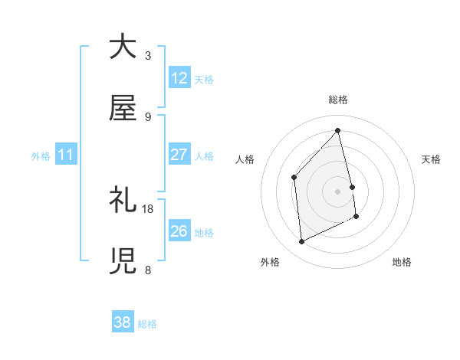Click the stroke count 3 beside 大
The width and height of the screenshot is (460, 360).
pos(148,55)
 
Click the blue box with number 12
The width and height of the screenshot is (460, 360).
pos(179,78)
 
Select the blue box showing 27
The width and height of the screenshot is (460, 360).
pos(179,155)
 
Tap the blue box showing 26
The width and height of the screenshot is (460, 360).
pos(179,231)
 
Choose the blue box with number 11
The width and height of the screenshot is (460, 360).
pos(66,155)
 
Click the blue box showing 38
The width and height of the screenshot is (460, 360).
pos(123,322)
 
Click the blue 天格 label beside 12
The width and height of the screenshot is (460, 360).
pos(204,80)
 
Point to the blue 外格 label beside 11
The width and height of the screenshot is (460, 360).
pos(41,156)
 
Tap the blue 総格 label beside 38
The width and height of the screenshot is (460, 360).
pos(147,324)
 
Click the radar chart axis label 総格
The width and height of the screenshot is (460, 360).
pos(338,100)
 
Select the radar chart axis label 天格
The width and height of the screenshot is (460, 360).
pos(432,159)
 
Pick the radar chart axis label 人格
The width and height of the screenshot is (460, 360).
pos(245,159)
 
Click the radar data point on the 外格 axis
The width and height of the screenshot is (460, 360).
pos(301,242)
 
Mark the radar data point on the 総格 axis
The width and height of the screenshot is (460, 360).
pos(338,130)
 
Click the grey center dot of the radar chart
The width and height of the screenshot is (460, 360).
pos(338,191)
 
